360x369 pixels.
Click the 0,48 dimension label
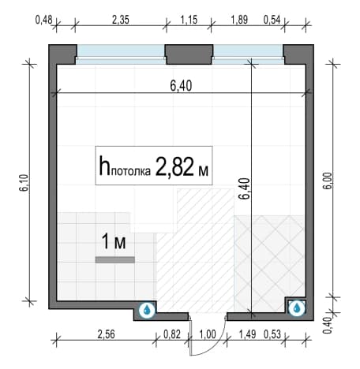coord(44,20)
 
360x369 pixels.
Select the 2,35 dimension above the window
coord(121,20)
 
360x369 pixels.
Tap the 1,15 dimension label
coord(189,20)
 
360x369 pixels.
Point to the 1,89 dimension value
coord(239,20)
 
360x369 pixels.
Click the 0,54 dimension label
coord(272,20)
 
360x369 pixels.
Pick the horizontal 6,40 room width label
coord(181,86)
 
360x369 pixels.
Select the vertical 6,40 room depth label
coord(244,188)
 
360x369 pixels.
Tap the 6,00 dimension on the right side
coord(328,181)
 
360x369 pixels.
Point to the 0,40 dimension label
coord(327,326)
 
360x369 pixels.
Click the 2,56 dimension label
coord(106,334)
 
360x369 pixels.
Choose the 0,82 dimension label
coord(172,334)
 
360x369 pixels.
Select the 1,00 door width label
coord(208,334)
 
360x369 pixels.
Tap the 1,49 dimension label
coord(247,334)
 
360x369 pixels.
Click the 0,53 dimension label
coord(272,334)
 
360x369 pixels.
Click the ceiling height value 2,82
coord(174,166)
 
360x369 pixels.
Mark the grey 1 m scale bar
coord(115,259)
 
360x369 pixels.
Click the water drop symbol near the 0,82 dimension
coord(147,310)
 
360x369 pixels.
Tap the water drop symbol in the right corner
coord(297,307)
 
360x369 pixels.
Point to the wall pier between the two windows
coord(189,54)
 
